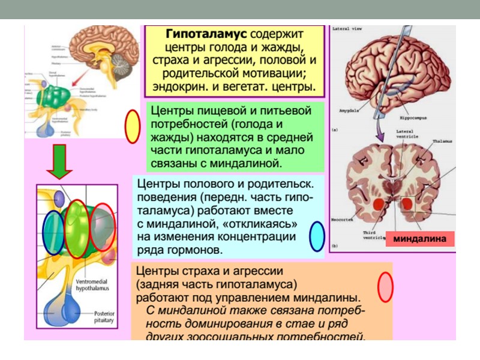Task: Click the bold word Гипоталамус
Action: (x=198, y=34)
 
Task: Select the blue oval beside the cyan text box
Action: (x=316, y=236)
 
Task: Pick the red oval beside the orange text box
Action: (x=385, y=287)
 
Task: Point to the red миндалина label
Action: (x=419, y=239)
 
